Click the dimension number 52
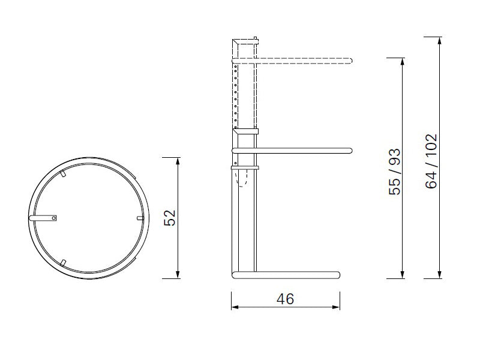point(170,217)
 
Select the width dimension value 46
point(286,298)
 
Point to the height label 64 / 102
point(431,161)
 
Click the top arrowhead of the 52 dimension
point(178,161)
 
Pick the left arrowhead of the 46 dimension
point(235,307)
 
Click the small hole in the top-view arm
point(53,218)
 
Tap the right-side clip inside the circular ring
point(140,218)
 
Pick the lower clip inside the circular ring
point(62,261)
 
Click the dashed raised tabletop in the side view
point(300,60)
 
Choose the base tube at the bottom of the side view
point(286,275)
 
